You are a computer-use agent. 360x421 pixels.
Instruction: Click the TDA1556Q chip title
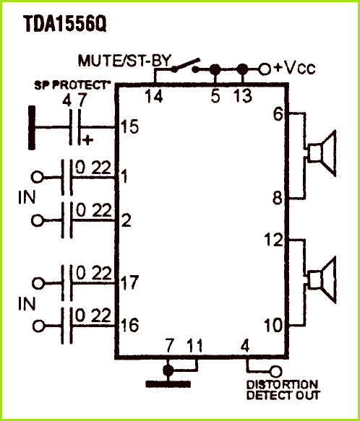65,24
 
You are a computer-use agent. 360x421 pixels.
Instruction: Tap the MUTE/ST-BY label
125,61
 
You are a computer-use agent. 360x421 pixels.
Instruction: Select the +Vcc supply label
294,69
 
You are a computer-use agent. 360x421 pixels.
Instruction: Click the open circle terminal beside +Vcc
265,69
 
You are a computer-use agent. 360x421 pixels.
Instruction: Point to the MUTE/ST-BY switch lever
186,65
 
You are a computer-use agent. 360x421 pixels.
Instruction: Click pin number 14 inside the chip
154,96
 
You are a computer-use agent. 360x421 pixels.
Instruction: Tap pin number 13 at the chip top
243,96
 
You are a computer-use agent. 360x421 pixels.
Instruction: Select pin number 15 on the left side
129,126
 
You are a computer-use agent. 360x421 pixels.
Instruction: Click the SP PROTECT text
72,85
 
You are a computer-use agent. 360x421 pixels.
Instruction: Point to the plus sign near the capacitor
88,140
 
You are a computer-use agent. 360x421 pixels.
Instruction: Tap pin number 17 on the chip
129,282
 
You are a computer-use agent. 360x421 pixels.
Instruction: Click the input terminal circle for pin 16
38,326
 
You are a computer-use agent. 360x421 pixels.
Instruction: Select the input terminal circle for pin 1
37,177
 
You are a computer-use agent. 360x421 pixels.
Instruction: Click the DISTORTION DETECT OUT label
283,390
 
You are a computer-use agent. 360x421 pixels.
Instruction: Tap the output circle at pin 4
276,372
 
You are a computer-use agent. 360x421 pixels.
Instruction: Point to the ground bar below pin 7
168,384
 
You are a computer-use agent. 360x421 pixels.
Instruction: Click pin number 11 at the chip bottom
194,346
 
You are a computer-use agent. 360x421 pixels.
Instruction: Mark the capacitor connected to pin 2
67,220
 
